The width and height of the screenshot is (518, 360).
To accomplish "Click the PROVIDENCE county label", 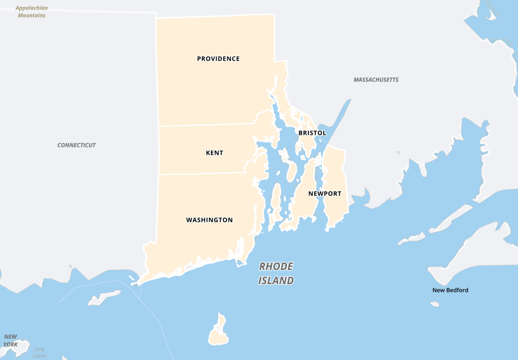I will (x=218, y=59).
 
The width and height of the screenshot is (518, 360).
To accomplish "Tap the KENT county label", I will (x=214, y=153).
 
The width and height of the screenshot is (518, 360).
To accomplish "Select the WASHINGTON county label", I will (x=209, y=220).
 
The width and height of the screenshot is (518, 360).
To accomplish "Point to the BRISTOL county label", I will (x=312, y=133).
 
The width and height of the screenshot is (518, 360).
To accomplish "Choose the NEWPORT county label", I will (x=325, y=194).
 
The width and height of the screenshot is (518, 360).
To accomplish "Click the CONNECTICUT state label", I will (x=77, y=145).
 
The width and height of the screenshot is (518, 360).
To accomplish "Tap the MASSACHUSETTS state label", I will (x=376, y=80).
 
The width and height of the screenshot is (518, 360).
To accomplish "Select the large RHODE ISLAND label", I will (x=276, y=273).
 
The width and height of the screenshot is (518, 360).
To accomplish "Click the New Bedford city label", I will (x=450, y=290).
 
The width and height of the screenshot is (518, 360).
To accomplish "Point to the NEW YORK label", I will (x=11, y=340).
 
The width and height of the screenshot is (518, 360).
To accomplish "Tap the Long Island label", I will (x=39, y=352).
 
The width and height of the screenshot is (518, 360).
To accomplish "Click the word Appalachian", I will (x=31, y=8).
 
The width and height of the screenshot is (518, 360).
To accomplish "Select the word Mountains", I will (x=31, y=15).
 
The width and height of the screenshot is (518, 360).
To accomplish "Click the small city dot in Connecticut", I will (x=71, y=266).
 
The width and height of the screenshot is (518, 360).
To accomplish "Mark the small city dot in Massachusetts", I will (x=398, y=153).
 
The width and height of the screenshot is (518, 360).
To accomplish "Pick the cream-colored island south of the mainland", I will (x=218, y=331).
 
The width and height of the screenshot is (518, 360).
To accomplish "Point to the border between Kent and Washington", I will (x=200, y=173).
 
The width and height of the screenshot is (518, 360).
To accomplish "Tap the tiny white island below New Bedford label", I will (x=434, y=304).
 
